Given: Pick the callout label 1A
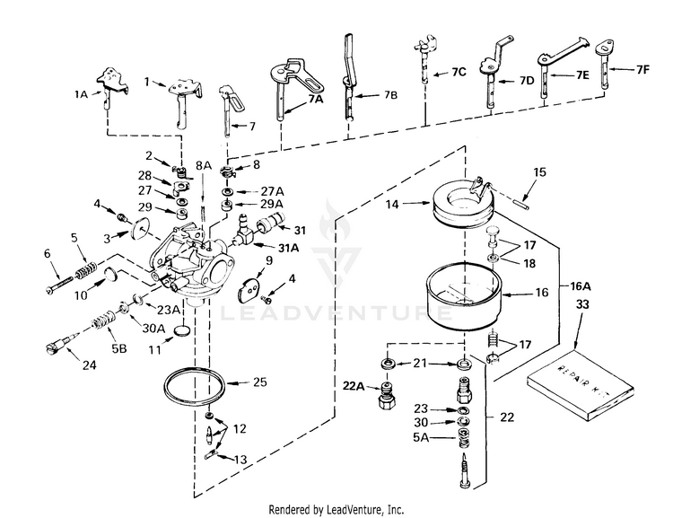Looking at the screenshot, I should click(x=82, y=92).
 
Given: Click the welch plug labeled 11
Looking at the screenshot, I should click(x=180, y=330).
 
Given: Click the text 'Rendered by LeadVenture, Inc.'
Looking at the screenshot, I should click(x=336, y=508).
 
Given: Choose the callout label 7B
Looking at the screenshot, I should click(x=388, y=93).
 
